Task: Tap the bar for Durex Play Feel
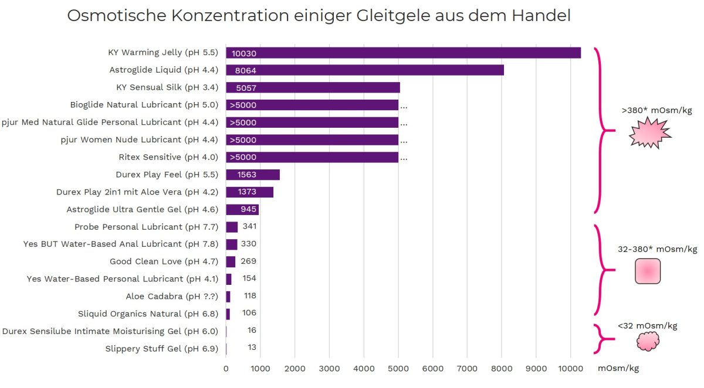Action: (253, 175)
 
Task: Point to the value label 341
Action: (250, 226)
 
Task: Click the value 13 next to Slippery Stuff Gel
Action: (252, 348)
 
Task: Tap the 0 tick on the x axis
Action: (226, 368)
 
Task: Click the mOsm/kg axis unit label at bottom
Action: (618, 368)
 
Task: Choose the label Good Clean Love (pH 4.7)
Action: (164, 261)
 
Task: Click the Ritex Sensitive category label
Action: (168, 157)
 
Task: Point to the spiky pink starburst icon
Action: (649, 132)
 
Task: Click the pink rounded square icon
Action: (648, 271)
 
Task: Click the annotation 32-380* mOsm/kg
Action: (657, 249)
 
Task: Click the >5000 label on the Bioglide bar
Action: (243, 105)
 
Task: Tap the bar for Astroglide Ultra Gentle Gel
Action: (242, 209)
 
